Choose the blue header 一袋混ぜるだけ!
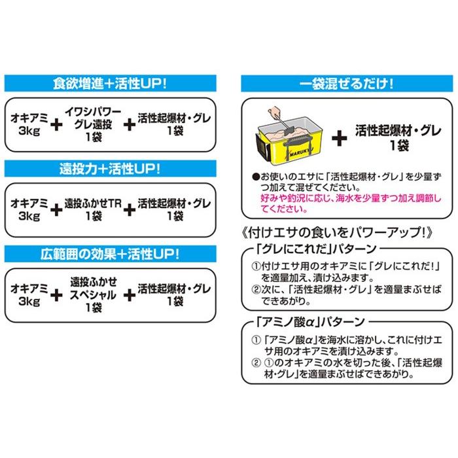click(x=346, y=84)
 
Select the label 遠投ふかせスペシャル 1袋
click(x=92, y=294)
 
